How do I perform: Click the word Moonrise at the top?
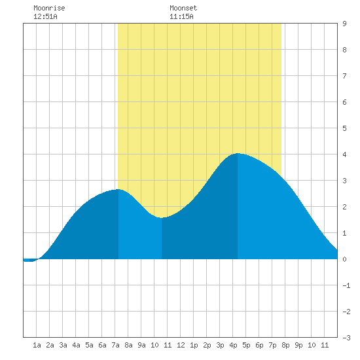pyautogui.click(x=49, y=8)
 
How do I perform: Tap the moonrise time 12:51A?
pyautogui.click(x=45, y=16)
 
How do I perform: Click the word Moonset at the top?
pyautogui.click(x=183, y=8)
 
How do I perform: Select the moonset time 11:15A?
pyautogui.click(x=181, y=16)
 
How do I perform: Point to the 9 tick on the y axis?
pyautogui.click(x=344, y=24)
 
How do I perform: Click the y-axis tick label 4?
pyautogui.click(x=344, y=154)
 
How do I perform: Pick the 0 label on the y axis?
pyautogui.click(x=344, y=259)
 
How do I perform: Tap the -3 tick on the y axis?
pyautogui.click(x=346, y=338)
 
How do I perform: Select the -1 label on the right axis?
pyautogui.click(x=346, y=285)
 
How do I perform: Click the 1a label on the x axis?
pyautogui.click(x=37, y=345)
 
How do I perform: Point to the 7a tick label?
pyautogui.click(x=115, y=345)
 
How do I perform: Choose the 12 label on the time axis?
pyautogui.click(x=181, y=345)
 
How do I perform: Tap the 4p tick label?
pyautogui.click(x=233, y=345)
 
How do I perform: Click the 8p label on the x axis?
pyautogui.click(x=285, y=345)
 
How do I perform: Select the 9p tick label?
pyautogui.click(x=298, y=345)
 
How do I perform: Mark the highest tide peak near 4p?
pyautogui.click(x=238, y=153)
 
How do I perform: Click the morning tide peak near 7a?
pyautogui.click(x=118, y=189)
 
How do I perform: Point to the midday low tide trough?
pyautogui.click(x=162, y=218)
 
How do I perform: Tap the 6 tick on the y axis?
pyautogui.click(x=344, y=102)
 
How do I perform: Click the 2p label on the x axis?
pyautogui.click(x=207, y=345)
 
